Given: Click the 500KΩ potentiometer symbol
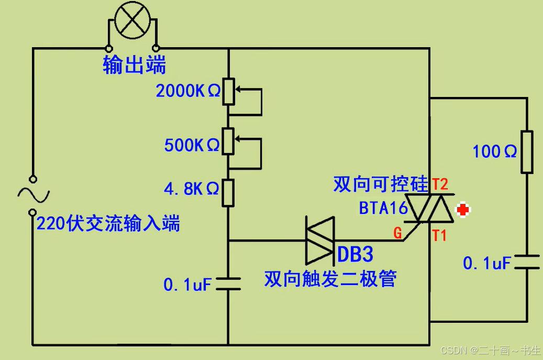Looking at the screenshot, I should click(x=228, y=141).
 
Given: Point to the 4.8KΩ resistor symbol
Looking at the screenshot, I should click(x=228, y=192).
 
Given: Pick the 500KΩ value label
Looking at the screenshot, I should click(x=192, y=145).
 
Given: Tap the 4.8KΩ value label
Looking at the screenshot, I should click(x=191, y=189).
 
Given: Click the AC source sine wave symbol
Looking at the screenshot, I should click(x=33, y=195).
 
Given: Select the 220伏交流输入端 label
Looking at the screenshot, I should click(x=108, y=224).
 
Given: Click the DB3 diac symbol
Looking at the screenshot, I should click(x=320, y=241).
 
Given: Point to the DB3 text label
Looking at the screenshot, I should click(x=356, y=255).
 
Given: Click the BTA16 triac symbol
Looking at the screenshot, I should click(x=430, y=208).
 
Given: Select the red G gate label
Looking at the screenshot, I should click(x=398, y=233).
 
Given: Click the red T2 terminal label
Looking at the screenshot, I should click(x=440, y=184).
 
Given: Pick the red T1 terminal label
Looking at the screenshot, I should click(x=439, y=236).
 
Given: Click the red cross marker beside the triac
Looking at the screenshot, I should click(x=463, y=210).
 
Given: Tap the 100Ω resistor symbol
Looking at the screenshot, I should click(x=527, y=152).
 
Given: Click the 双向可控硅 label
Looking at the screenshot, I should click(x=380, y=184).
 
